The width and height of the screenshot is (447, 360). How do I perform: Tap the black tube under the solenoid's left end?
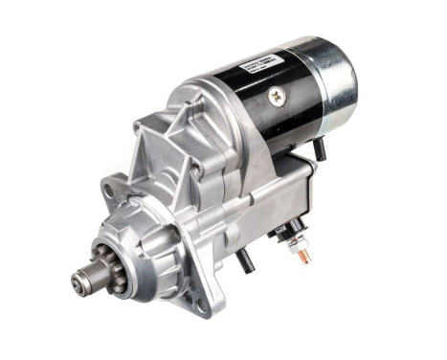click(244, 258)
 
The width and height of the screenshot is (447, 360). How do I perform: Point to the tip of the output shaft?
click(78, 283)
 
